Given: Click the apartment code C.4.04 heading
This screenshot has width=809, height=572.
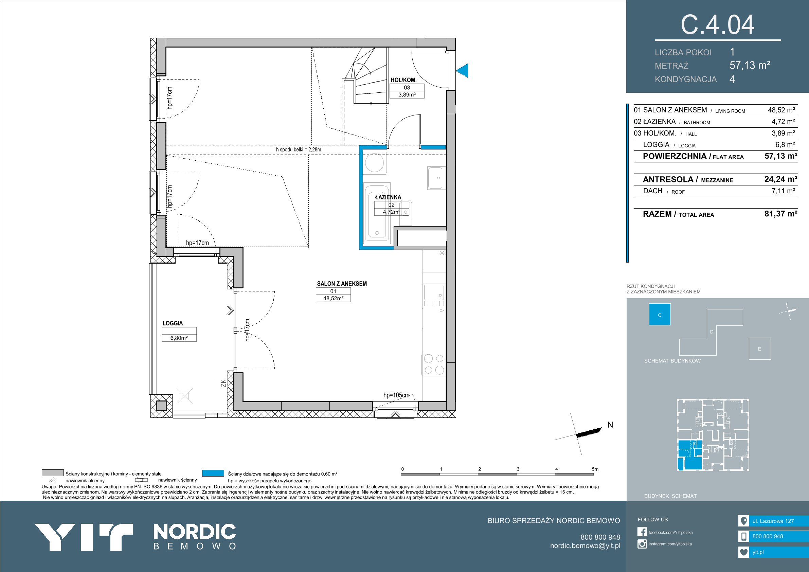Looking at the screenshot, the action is (x=717, y=24).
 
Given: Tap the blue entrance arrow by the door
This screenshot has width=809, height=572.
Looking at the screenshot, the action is (x=462, y=71).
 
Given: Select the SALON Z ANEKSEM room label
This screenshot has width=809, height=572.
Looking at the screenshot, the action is (x=342, y=283).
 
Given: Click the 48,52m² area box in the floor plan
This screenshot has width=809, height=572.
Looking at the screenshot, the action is (x=333, y=298).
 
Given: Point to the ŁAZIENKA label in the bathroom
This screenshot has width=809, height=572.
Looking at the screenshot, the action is (x=388, y=197).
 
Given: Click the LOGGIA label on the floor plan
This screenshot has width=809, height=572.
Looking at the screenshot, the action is (x=173, y=323).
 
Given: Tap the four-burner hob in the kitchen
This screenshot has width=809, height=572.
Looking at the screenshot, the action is (x=434, y=364).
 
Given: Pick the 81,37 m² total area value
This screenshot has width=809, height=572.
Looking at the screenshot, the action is (x=781, y=214).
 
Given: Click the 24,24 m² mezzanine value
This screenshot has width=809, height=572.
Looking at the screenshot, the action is (x=781, y=179).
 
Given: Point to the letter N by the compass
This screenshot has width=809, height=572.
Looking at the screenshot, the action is (x=610, y=425).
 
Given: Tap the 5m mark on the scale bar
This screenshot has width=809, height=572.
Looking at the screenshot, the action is (x=595, y=469).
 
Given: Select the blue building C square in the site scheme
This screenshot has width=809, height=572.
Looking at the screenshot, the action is (x=660, y=315).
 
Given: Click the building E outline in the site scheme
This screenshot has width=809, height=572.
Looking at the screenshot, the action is (x=760, y=348).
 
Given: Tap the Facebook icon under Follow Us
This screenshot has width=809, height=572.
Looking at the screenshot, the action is (x=642, y=532).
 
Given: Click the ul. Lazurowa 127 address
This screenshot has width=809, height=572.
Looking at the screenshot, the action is (x=773, y=521).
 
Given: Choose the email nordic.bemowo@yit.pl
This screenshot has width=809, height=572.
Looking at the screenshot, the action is (x=585, y=546).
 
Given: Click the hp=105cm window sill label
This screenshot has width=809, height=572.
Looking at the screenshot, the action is (x=396, y=395).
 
